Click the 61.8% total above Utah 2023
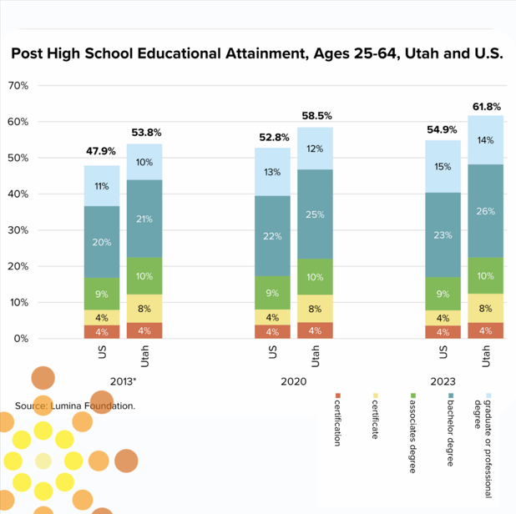tap(487, 107)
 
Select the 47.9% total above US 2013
tap(101, 151)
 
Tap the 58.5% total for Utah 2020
tap(316, 116)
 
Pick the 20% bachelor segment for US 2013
tap(101, 242)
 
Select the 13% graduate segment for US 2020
tap(272, 172)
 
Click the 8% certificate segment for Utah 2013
tap(144, 308)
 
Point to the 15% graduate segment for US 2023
tap(443, 166)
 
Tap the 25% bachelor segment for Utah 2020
tap(316, 214)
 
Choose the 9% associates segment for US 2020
tap(272, 293)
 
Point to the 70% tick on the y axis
tap(18, 86)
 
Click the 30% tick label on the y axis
tap(18, 230)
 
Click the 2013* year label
tap(123, 381)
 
